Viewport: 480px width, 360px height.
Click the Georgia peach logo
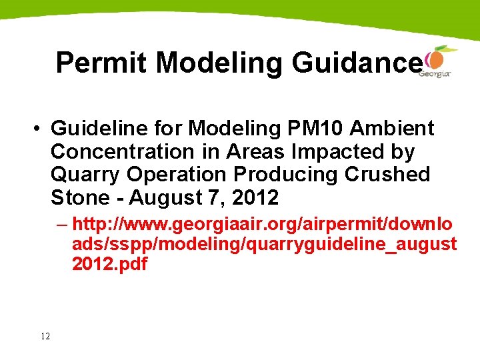pos(436,60)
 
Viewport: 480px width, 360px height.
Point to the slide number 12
pos(45,336)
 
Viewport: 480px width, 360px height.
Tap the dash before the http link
pos(64,223)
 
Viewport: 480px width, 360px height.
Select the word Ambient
pos(399,128)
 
